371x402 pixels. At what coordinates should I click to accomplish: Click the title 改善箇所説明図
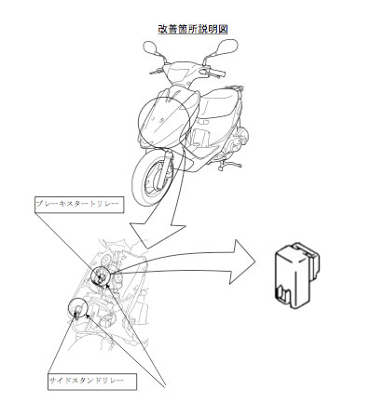click(x=193, y=29)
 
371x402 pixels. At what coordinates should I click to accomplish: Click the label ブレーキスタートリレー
click(x=77, y=204)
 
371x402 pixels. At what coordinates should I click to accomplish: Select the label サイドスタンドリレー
click(x=86, y=381)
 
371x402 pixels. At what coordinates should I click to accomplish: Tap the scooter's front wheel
click(x=151, y=179)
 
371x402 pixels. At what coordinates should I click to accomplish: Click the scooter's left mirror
click(x=152, y=48)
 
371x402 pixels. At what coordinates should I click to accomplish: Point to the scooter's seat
click(x=217, y=102)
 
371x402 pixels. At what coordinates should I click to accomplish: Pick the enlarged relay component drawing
click(x=297, y=275)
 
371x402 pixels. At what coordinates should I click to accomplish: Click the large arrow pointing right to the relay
click(x=186, y=262)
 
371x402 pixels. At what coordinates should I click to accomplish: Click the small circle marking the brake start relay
click(x=101, y=275)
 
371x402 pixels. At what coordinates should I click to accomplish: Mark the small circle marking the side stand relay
click(x=77, y=308)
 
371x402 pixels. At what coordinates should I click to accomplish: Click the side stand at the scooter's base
click(x=230, y=165)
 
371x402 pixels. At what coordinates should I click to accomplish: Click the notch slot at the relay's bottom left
click(x=282, y=293)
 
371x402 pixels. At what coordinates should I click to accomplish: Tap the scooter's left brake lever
click(x=157, y=72)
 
